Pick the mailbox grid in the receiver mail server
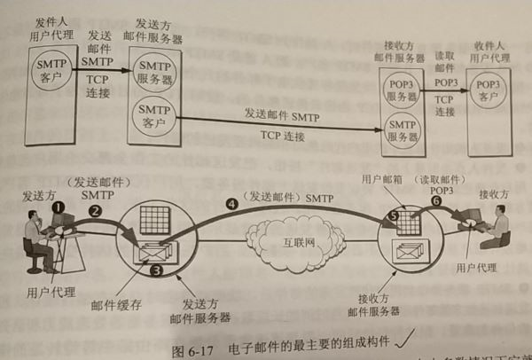[409, 222]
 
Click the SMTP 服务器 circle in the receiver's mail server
[402, 127]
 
